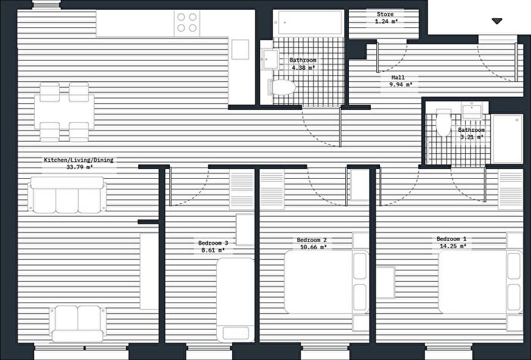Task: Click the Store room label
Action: [385, 18]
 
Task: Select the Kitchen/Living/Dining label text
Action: [79, 160]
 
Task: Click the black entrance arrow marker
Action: [497, 21]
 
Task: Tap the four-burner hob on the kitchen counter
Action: [187, 23]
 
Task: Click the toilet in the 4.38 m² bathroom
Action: [281, 87]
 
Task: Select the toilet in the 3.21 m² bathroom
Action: [444, 123]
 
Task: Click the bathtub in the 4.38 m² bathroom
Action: [309, 23]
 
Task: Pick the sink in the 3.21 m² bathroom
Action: [472, 111]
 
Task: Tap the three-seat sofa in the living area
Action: [67, 196]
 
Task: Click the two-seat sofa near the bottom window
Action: [78, 324]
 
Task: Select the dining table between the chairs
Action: [64, 111]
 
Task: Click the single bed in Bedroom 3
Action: [236, 300]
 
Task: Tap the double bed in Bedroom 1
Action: [480, 282]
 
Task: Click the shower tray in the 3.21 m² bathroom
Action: [507, 139]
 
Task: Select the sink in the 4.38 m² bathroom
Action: [270, 59]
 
